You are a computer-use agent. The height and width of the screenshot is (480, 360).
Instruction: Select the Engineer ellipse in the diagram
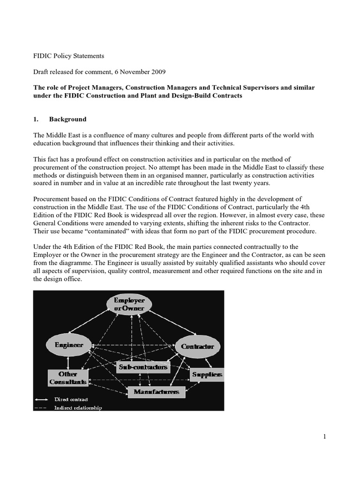pyautogui.click(x=68, y=345)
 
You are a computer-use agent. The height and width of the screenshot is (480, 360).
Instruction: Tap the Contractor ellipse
pyautogui.click(x=197, y=346)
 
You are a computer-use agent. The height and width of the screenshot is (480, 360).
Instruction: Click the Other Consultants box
pyautogui.click(x=68, y=378)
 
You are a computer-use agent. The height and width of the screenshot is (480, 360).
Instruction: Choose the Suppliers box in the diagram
pyautogui.click(x=207, y=375)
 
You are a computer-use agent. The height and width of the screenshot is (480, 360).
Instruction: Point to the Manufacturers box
pyautogui.click(x=156, y=391)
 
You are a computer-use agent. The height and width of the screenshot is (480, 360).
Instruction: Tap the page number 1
pyautogui.click(x=324, y=437)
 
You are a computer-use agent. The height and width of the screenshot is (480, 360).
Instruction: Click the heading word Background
pyautogui.click(x=68, y=119)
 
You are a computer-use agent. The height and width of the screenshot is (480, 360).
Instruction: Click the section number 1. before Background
pyautogui.click(x=35, y=119)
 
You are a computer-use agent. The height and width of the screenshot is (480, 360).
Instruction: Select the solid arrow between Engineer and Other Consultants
pyautogui.click(x=68, y=362)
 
